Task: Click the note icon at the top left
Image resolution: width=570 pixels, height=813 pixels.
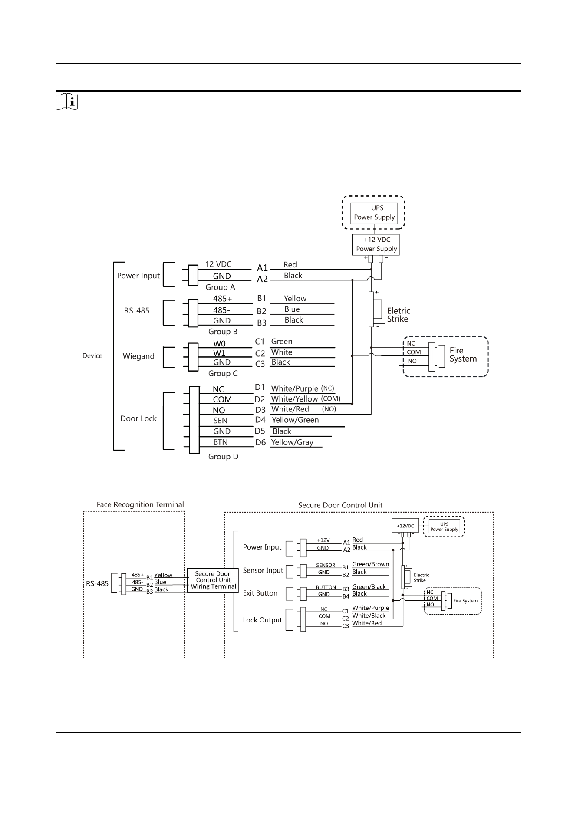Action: (67, 102)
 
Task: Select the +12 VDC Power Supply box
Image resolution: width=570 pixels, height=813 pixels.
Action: (376, 244)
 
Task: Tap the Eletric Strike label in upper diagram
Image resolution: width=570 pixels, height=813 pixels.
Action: (399, 315)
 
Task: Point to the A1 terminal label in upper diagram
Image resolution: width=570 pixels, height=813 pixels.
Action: (262, 268)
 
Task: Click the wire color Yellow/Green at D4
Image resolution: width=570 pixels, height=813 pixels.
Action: (295, 420)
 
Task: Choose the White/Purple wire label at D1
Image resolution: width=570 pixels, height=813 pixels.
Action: (295, 388)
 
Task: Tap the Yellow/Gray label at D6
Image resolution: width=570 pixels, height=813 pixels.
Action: (292, 442)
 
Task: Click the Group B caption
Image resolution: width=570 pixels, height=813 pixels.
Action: (223, 332)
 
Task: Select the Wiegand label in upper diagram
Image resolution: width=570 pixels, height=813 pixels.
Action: (138, 356)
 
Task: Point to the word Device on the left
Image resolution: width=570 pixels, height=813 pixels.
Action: (92, 355)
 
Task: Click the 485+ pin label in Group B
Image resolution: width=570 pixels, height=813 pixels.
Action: (223, 299)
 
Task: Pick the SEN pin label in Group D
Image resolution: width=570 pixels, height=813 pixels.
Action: (221, 421)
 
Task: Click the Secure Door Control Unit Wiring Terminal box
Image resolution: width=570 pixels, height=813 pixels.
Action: (213, 580)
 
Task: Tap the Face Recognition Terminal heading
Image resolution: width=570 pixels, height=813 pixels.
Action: (140, 504)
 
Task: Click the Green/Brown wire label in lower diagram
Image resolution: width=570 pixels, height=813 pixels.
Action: (370, 564)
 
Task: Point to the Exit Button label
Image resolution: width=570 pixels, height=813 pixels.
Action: (260, 593)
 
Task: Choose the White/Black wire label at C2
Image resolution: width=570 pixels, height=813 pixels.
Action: (369, 616)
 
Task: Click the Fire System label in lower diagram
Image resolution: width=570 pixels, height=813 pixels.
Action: (465, 601)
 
